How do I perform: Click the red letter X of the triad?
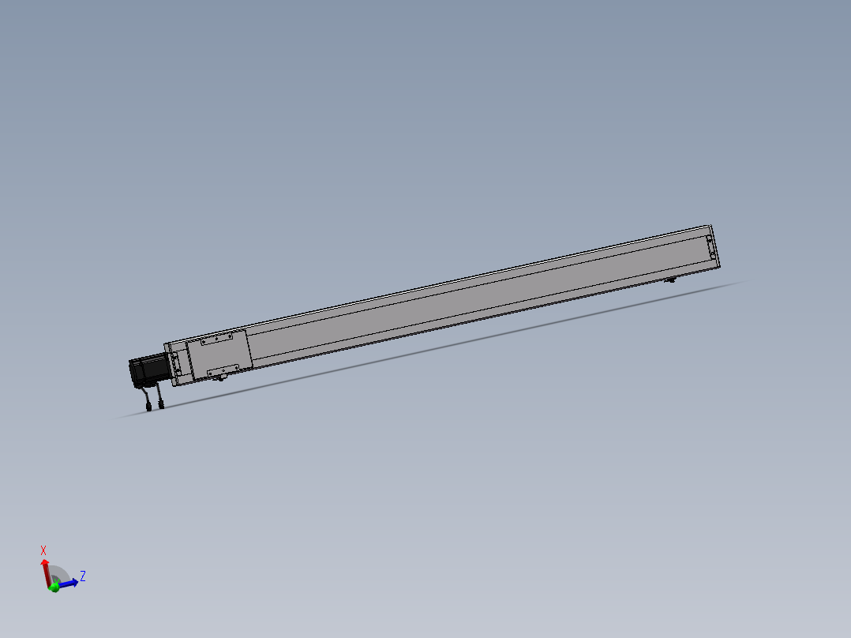[43, 550]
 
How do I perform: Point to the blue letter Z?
[82, 576]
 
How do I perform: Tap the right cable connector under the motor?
[161, 405]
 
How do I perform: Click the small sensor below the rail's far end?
[671, 280]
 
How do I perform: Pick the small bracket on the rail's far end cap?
[710, 246]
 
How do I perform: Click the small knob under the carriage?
[221, 378]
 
